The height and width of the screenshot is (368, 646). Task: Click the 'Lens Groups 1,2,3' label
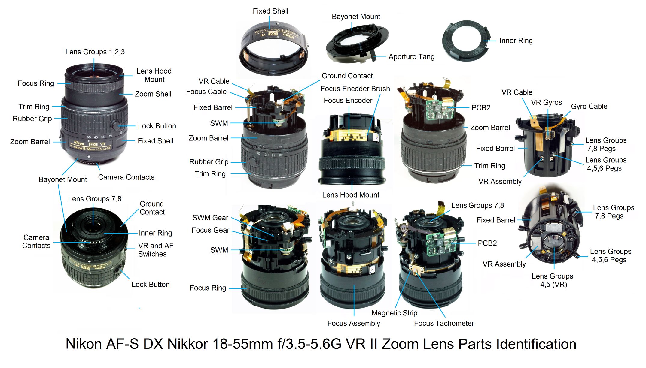click(x=95, y=52)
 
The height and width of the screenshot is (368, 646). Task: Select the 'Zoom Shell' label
click(x=153, y=94)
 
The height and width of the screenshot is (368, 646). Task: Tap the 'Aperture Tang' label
click(x=411, y=57)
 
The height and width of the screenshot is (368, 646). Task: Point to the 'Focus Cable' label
click(x=206, y=92)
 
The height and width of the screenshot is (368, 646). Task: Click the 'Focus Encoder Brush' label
click(x=355, y=89)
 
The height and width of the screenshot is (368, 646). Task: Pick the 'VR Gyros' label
click(x=546, y=103)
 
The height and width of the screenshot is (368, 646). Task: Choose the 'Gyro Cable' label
click(x=589, y=107)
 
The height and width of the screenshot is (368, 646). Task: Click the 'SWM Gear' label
click(x=210, y=218)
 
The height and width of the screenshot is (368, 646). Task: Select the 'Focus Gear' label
click(x=210, y=230)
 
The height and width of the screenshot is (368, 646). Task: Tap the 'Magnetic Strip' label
click(x=394, y=313)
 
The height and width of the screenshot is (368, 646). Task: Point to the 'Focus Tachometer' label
click(x=444, y=323)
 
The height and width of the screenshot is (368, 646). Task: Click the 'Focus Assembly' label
click(x=353, y=323)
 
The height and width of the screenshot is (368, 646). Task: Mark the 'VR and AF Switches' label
click(x=156, y=250)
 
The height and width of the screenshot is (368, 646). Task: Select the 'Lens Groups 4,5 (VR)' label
click(x=552, y=280)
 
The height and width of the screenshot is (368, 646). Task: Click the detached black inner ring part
click(x=467, y=41)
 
